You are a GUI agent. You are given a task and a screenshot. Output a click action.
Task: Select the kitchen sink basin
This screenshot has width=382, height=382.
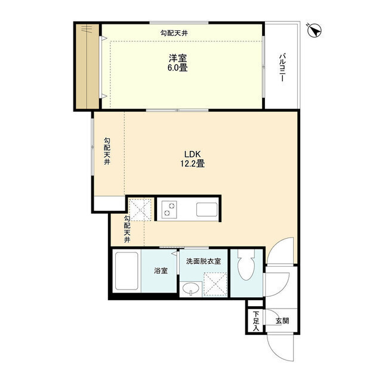click(207, 210)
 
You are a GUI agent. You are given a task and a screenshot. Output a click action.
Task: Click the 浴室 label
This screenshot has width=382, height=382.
click(161, 270)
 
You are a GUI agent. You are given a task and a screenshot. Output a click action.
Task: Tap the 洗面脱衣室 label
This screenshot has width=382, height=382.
click(203, 261)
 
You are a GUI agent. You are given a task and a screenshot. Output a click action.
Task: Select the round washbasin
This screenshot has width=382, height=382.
click(190, 289)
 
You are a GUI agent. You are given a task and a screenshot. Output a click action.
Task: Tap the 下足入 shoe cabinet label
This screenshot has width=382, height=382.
click(255, 321)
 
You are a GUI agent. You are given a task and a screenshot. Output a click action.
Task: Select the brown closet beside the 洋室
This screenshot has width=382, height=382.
click(87, 66)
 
